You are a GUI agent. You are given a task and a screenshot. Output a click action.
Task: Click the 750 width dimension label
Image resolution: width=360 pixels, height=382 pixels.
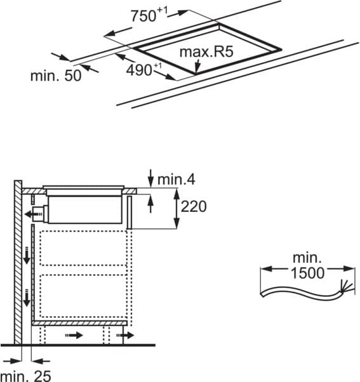tap(149, 15)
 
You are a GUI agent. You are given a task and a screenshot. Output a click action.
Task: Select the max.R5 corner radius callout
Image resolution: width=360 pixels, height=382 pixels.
tap(206, 51)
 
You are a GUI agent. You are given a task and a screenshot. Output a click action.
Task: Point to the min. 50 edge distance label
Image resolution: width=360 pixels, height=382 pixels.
tap(56, 76)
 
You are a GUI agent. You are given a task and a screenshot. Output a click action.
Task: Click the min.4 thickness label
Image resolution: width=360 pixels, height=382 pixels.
tap(177, 180)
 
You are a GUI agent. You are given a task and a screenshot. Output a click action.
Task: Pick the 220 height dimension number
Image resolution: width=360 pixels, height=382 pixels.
tap(194, 206)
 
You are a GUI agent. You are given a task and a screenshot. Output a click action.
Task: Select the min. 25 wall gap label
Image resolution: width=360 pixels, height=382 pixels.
tap(25, 376)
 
